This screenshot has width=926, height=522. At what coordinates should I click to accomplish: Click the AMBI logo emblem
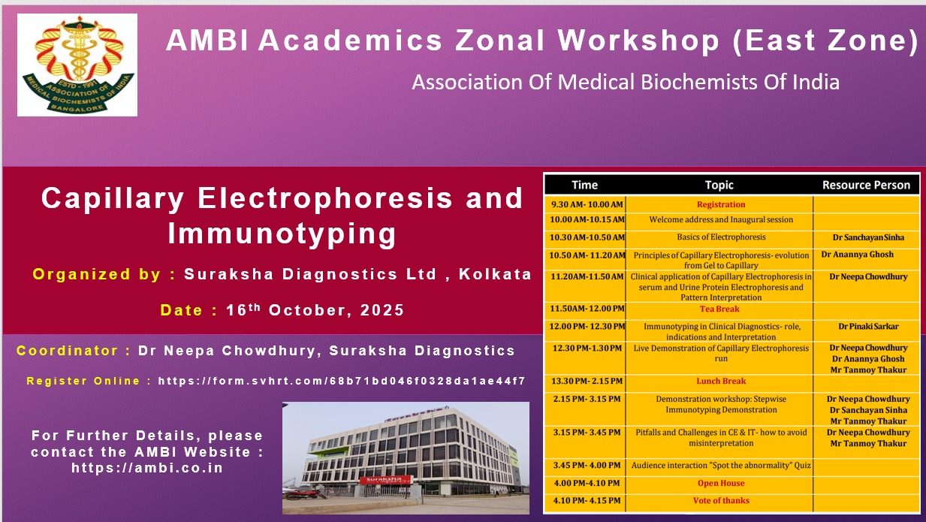pyautogui.click(x=77, y=65)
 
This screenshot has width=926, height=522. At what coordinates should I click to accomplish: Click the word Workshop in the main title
pyautogui.click(x=638, y=40)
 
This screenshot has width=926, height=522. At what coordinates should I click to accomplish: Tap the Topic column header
pyautogui.click(x=719, y=185)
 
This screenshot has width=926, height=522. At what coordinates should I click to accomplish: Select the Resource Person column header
pyautogui.click(x=866, y=185)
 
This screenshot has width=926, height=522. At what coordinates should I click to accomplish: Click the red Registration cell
pyautogui.click(x=721, y=204)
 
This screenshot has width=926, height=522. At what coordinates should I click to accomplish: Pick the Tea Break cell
pyautogui.click(x=719, y=309)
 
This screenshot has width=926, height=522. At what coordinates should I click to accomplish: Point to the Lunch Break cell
pyautogui.click(x=721, y=381)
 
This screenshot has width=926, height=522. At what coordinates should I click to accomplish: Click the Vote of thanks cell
pyautogui.click(x=721, y=500)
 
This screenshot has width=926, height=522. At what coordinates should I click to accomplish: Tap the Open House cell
pyautogui.click(x=721, y=483)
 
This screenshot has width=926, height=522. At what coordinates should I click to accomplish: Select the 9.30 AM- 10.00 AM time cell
pyautogui.click(x=587, y=204)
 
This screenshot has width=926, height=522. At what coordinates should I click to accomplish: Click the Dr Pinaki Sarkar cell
pyautogui.click(x=868, y=326)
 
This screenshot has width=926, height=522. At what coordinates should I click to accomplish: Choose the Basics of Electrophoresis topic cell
pyautogui.click(x=721, y=237)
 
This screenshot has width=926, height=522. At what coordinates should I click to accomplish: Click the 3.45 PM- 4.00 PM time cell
pyautogui.click(x=587, y=465)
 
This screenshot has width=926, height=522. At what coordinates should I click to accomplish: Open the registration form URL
pyautogui.click(x=342, y=381)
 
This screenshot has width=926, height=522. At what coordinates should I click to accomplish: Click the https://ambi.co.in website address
pyautogui.click(x=147, y=468)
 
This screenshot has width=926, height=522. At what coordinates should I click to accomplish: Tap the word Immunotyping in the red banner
pyautogui.click(x=282, y=234)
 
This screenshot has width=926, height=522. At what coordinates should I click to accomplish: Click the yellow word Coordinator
pyautogui.click(x=68, y=351)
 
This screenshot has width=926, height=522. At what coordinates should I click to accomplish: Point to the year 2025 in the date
pyautogui.click(x=382, y=310)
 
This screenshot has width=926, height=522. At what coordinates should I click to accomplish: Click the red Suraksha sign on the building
pyautogui.click(x=385, y=480)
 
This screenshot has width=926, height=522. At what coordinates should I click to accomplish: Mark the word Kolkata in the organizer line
pyautogui.click(x=495, y=274)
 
